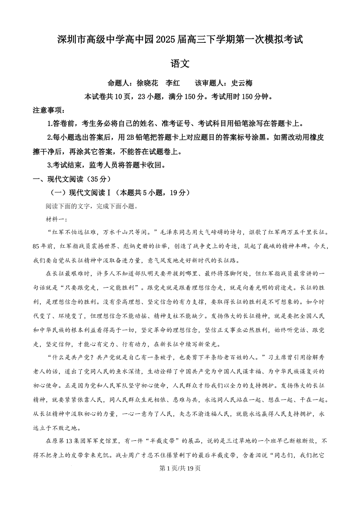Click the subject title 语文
coord(180,64)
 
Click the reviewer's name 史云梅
coord(242,83)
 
